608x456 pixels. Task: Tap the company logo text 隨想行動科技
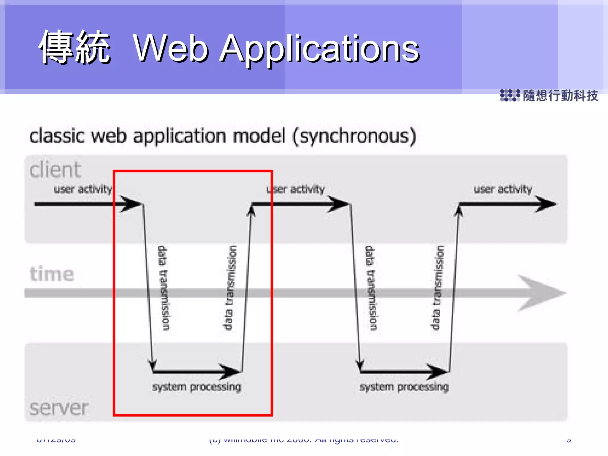coord(560,96)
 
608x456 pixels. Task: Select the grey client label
coord(55,170)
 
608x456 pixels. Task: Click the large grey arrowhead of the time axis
coord(540,293)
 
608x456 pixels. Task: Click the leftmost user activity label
coord(83,189)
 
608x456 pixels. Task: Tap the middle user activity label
coord(296,189)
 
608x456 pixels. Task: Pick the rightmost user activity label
coord(503,189)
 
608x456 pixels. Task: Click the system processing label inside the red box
coord(197,387)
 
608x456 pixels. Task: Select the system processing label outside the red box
coord(404,387)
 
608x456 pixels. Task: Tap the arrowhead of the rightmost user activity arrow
coord(546,204)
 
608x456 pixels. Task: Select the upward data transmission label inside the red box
coord(229,287)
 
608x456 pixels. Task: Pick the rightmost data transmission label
coord(437,287)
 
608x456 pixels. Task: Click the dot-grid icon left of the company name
coord(510,95)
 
